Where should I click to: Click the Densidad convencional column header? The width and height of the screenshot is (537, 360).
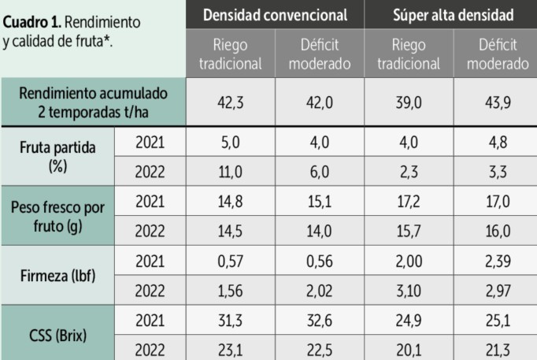275,15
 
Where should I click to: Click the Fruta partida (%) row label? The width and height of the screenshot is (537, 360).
56,156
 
